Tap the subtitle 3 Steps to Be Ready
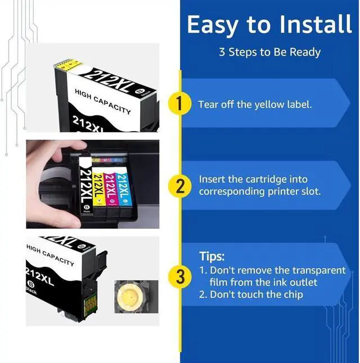click(269, 52)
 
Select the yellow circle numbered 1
click(180, 105)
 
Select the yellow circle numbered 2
click(180, 186)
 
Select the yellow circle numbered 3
click(180, 276)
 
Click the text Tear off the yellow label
click(254, 105)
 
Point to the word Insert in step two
click(212, 179)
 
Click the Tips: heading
click(212, 256)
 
